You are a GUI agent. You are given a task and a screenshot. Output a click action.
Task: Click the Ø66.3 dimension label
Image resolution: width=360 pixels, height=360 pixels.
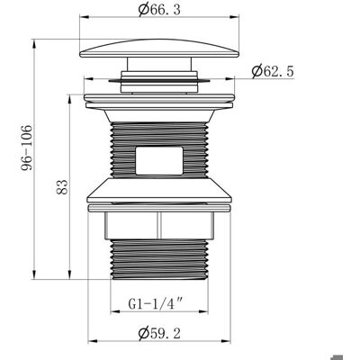pos(159,10)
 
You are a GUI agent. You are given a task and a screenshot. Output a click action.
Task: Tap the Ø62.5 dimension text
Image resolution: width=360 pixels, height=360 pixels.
pos(273,71)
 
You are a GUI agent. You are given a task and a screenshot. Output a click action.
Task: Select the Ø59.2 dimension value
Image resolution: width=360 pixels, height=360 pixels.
pos(159,333)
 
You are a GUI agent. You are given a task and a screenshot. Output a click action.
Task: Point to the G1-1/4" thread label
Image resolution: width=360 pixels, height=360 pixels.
pos(156,304)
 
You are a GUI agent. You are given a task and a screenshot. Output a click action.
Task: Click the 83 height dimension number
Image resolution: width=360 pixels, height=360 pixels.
pos(62,187)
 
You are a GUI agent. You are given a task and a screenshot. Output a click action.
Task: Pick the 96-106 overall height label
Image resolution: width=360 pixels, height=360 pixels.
pos(26,148)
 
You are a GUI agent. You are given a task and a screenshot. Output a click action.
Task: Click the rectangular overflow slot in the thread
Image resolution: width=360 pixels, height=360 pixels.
pos(159,160)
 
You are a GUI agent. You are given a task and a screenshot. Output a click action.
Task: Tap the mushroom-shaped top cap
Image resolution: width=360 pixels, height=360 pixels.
pos(159,48)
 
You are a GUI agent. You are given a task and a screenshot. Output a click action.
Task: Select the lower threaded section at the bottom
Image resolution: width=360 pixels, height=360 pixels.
pos(159,259)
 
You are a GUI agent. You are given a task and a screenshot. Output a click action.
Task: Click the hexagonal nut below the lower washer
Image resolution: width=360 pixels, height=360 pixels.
pos(159,226)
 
